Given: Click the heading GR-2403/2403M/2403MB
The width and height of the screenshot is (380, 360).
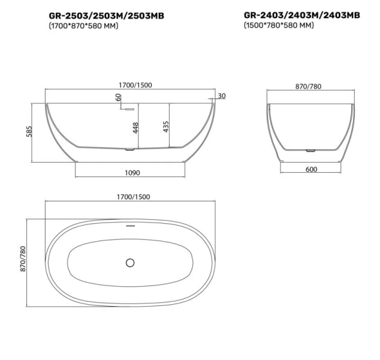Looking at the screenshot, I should [301, 15].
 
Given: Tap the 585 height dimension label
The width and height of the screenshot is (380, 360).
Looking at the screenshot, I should [26, 132].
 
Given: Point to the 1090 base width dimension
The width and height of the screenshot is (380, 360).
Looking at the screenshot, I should [132, 173].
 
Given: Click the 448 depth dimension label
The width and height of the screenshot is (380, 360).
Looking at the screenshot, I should [135, 127].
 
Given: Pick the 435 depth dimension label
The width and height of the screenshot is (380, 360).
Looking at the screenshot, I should [166, 126].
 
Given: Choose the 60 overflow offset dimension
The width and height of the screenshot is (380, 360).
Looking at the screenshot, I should [119, 97].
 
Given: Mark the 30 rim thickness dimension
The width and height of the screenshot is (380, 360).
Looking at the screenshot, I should [222, 96].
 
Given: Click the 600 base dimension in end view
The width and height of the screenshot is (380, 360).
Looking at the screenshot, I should [311, 169].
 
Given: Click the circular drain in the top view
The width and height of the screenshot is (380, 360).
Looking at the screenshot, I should [131, 262].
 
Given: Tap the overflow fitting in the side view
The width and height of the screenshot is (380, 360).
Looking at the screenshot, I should [128, 109].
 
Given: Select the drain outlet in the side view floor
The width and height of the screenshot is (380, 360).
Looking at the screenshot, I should [128, 148].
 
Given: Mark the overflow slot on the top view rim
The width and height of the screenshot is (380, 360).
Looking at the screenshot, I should [131, 226].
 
